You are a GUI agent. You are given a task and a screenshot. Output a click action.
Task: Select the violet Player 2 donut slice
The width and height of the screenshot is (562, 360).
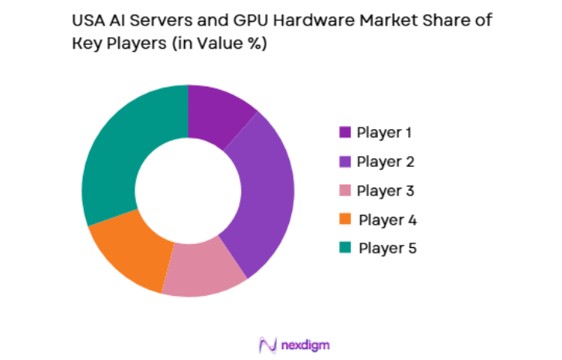[263, 201]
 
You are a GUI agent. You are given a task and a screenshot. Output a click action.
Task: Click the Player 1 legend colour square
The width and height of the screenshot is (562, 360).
[345, 133]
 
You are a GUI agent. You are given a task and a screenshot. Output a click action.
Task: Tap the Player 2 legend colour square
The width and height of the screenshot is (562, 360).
[345, 162]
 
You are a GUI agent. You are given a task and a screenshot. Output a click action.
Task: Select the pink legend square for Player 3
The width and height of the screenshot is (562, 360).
[345, 191]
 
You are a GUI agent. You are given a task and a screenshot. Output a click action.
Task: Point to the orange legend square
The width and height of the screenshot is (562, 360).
[345, 219]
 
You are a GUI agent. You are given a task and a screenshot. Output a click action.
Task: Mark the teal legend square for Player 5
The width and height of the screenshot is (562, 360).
[345, 248]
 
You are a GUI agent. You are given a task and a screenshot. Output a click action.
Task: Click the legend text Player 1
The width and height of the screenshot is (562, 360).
[383, 132]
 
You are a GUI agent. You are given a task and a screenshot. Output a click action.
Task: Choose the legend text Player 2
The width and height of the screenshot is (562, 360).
[386, 161]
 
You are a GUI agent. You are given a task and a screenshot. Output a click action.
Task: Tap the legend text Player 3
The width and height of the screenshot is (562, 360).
[386, 190]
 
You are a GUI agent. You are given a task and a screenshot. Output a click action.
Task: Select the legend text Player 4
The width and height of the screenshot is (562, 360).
[387, 219]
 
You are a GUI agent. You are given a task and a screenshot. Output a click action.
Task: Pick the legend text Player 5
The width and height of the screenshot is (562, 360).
[387, 248]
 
